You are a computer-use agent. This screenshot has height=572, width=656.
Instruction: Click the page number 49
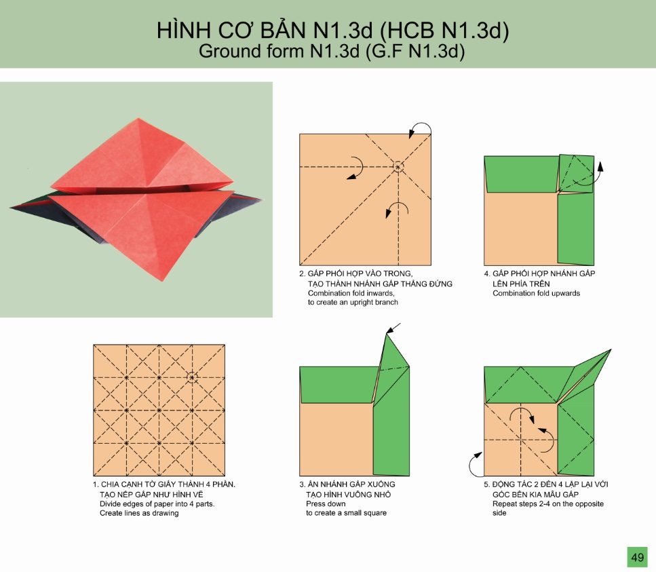pyautogui.click(x=637, y=557)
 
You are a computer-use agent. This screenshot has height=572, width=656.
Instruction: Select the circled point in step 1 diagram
pyautogui.click(x=192, y=377)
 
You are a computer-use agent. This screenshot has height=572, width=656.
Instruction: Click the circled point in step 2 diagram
pyautogui.click(x=398, y=167)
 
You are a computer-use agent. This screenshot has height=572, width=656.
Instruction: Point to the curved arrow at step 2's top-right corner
pyautogui.click(x=423, y=125)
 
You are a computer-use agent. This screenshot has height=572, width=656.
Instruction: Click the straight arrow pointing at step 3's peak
pyautogui.click(x=393, y=328)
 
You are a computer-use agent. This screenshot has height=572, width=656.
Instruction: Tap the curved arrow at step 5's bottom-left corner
pyautogui.click(x=472, y=465)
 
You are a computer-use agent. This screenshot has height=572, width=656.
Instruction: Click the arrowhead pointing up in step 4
pyautogui.click(x=600, y=166)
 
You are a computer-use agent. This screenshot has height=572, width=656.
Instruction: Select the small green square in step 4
pyautogui.click(x=577, y=174)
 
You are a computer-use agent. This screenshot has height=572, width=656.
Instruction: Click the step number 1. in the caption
pyautogui.click(x=96, y=484)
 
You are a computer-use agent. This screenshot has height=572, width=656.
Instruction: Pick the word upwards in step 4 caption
pyautogui.click(x=565, y=293)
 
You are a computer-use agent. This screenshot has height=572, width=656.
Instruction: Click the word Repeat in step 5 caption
pyautogui.click(x=505, y=504)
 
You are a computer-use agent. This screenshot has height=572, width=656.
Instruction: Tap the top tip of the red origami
pyautogui.click(x=138, y=119)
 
